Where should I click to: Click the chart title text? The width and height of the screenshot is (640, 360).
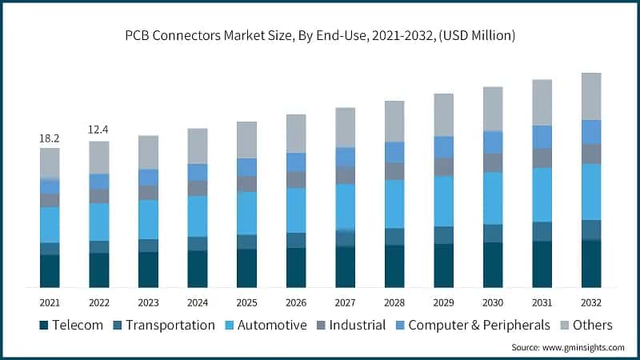tap(320, 35)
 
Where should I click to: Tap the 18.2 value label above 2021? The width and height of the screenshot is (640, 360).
tap(50, 138)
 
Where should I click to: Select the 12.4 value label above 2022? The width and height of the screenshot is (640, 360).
tap(99, 129)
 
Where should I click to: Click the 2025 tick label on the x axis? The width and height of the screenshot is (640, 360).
tap(246, 303)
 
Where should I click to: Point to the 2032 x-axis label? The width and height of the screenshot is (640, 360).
tap(591, 303)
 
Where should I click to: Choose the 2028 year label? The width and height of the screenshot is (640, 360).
tap(394, 303)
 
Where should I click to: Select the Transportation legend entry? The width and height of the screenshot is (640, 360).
tap(163, 325)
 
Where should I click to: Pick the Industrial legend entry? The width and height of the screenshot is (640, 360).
tap(351, 325)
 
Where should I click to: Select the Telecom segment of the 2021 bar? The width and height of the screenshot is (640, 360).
tap(50, 271)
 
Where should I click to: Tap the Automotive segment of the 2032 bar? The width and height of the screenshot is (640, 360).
tap(591, 191)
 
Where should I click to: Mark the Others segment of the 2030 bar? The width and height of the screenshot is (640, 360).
tap(493, 109)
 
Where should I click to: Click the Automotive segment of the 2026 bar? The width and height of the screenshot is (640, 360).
tap(296, 210)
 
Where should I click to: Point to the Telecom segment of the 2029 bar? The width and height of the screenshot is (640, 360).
tap(443, 266)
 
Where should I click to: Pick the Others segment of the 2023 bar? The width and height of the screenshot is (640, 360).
tap(148, 152)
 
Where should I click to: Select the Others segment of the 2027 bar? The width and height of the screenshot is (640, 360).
tap(345, 127)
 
